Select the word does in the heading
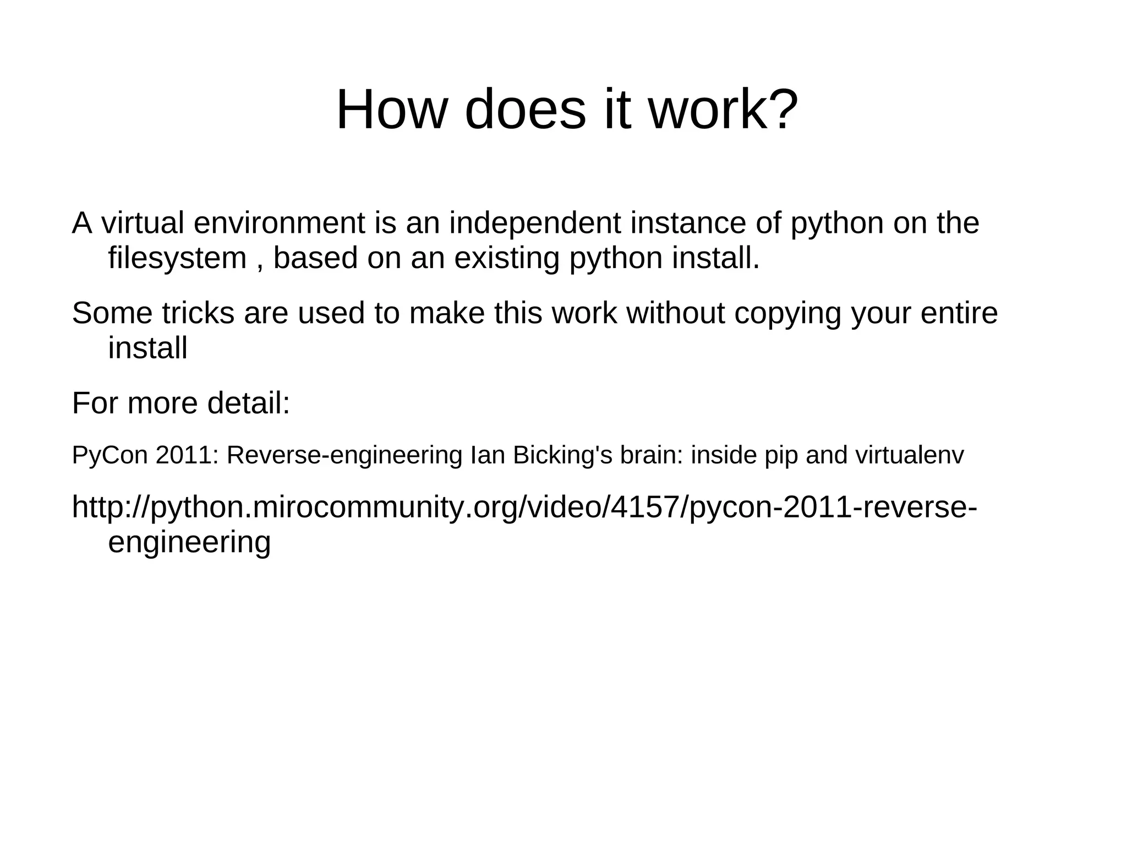[x=525, y=110]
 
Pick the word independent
[x=534, y=223]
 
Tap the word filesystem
[x=177, y=258]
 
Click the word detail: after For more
[x=248, y=403]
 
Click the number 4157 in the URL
[x=645, y=507]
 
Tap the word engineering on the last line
[x=189, y=543]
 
